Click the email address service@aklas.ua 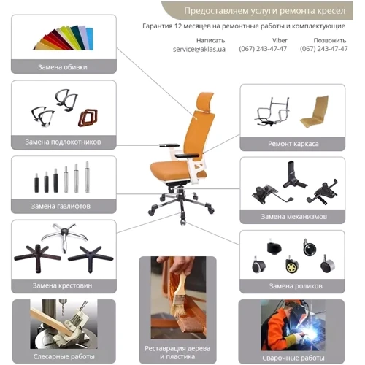pos(199,49)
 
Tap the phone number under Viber pos(263,49)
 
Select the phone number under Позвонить pos(323,49)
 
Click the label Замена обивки pos(63,67)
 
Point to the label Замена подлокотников pos(63,142)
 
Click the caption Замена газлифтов pos(61,207)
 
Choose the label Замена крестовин pos(63,285)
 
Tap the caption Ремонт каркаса pos(293,144)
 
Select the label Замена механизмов pos(294,217)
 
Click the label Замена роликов pos(296,286)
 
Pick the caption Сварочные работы pos(293,358)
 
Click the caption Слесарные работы pos(64,357)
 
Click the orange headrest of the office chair pos(205,101)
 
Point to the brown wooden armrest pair pos(88,118)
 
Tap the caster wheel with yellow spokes pos(292,265)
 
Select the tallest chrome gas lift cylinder pos(87,177)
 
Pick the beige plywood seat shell pos(314,112)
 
